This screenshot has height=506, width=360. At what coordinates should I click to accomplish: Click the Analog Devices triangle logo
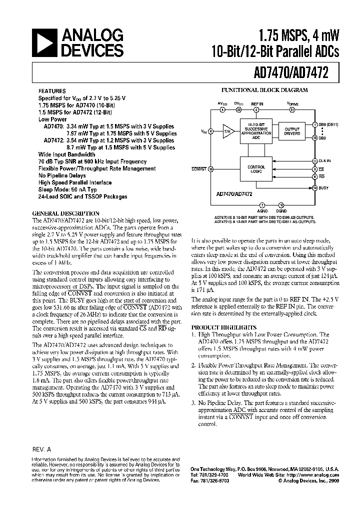click(45, 43)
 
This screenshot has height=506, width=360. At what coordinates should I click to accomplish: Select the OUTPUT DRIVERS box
click(292, 131)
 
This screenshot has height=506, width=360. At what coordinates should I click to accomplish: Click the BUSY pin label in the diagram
click(323, 187)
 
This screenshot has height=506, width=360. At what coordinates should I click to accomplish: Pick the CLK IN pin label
click(325, 160)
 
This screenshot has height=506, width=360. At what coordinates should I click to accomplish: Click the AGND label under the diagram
click(263, 212)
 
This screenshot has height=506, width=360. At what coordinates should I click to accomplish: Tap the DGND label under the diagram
click(281, 212)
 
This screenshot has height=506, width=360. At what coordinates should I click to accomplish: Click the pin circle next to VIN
click(211, 131)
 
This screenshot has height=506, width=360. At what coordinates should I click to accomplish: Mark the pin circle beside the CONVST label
click(211, 169)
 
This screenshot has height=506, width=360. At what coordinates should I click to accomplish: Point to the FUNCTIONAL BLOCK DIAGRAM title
click(264, 90)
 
